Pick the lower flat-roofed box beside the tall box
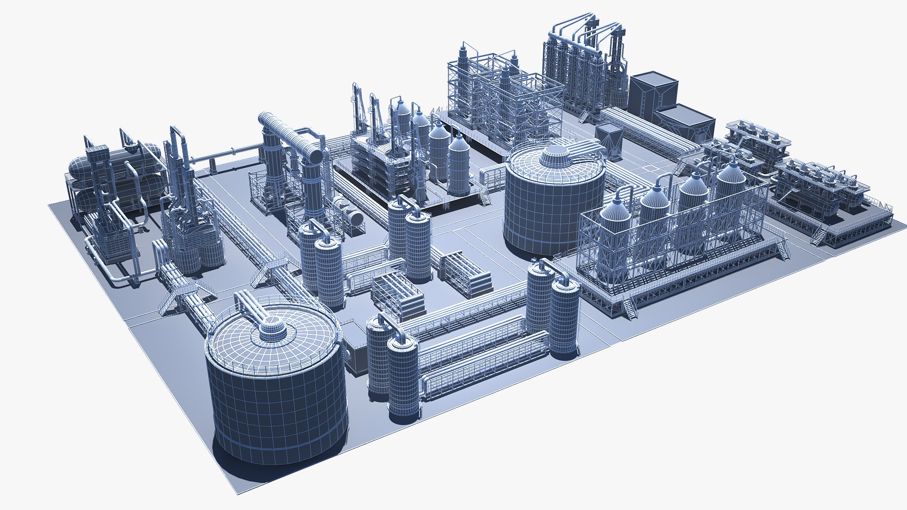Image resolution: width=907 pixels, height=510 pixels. click(x=685, y=121)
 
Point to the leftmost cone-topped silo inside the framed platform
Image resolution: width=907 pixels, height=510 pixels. click(x=615, y=222)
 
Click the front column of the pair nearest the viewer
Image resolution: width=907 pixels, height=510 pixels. click(x=403, y=378)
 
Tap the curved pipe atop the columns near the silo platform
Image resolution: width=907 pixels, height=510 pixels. click(x=557, y=270)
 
